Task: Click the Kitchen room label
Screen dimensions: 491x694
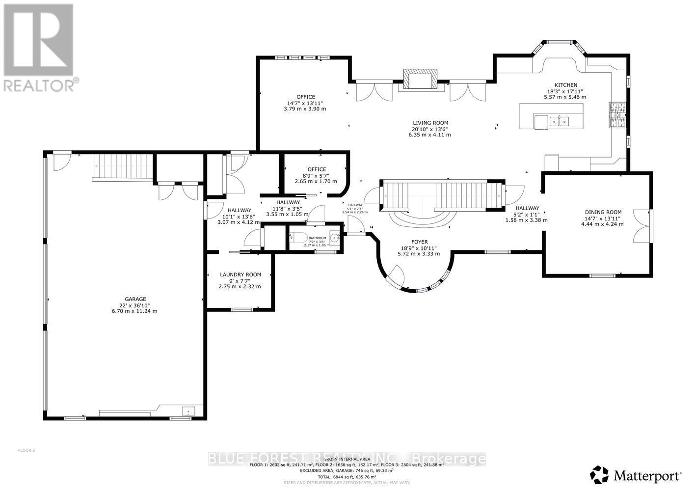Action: (x=565, y=85)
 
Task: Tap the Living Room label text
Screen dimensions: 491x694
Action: (x=430, y=123)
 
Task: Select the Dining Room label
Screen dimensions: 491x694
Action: (x=603, y=212)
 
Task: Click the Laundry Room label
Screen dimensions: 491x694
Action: (x=240, y=274)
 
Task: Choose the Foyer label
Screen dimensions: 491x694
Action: (x=419, y=242)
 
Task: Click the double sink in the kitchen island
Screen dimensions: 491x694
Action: (x=559, y=121)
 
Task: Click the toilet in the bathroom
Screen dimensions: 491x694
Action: (x=295, y=238)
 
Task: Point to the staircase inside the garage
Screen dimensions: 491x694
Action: (x=124, y=167)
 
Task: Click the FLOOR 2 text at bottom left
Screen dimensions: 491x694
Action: (x=27, y=450)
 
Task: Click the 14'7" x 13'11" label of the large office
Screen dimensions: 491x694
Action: (x=305, y=103)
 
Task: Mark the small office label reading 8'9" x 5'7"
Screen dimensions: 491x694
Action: (x=317, y=175)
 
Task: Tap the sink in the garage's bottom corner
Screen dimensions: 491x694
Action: (x=188, y=411)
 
